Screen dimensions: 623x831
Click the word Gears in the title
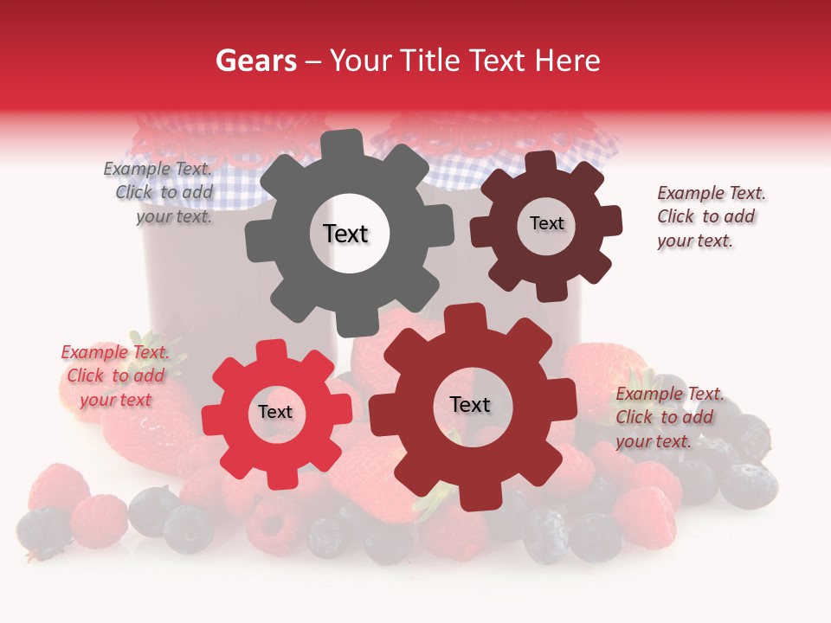point(255,61)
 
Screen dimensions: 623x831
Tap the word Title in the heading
point(430,61)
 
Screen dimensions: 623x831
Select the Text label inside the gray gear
point(346,234)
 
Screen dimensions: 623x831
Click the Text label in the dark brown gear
point(546,223)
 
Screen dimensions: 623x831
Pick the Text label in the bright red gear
point(275,412)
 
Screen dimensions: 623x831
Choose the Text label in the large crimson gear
point(470,404)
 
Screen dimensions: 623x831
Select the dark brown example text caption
point(706,216)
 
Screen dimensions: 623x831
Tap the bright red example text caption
point(115,376)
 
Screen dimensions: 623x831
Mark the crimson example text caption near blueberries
point(666,417)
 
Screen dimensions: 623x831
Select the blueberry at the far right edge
point(749,485)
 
